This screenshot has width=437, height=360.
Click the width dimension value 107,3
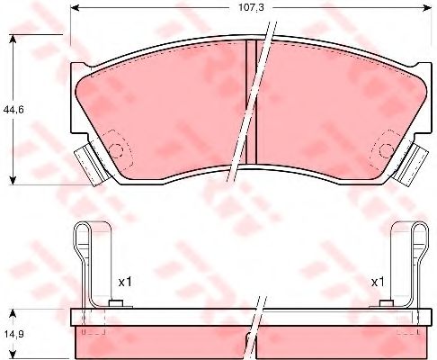pos(251,7)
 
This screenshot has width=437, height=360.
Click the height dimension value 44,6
pos(13,110)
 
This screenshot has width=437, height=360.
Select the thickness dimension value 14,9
pos(13,334)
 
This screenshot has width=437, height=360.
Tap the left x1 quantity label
pos(125,282)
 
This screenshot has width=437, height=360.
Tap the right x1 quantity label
pos(378,282)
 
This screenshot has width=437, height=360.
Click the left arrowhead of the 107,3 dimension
pos(75,8)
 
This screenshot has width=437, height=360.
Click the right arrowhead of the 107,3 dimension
pos(427,8)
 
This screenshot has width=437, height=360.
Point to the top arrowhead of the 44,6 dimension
pos(13,39)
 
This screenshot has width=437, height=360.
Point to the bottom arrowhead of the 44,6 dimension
pos(13,180)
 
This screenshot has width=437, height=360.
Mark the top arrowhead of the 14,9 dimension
pos(13,313)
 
